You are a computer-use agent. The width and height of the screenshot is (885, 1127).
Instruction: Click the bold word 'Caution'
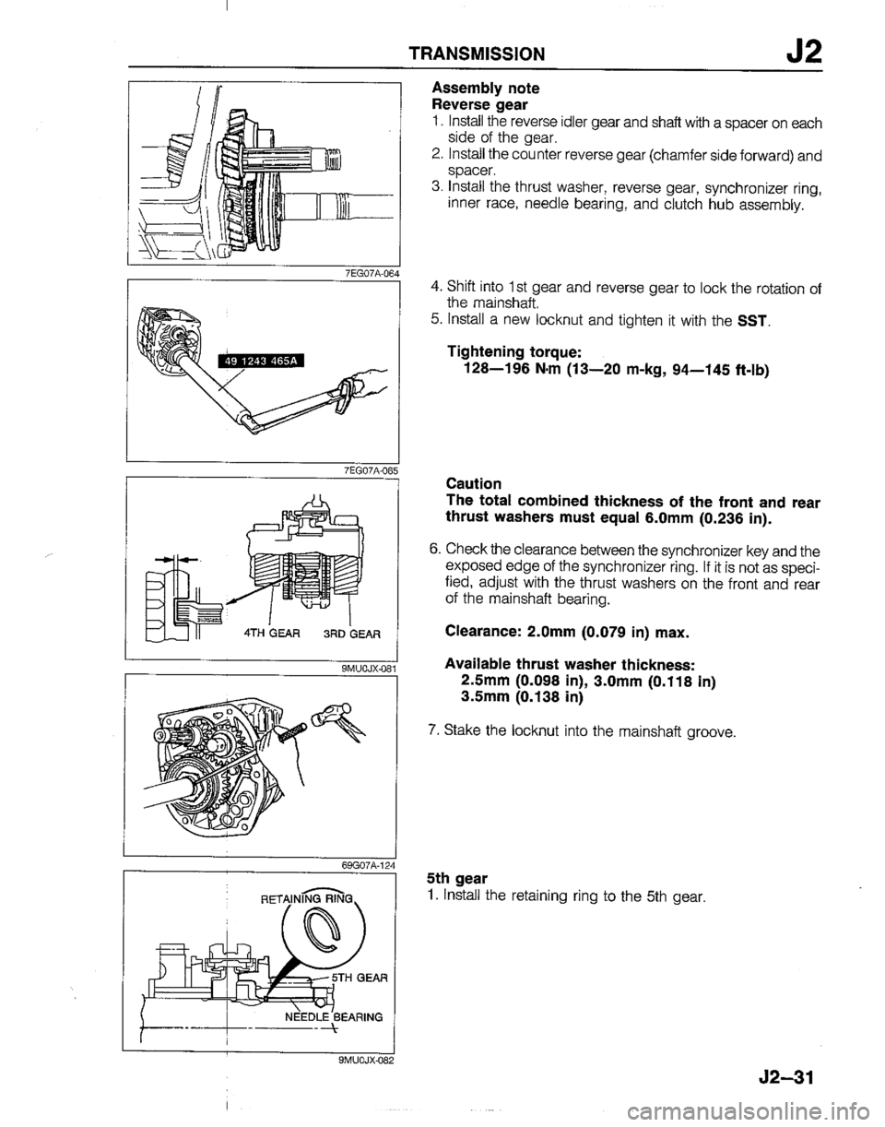[471, 483]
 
